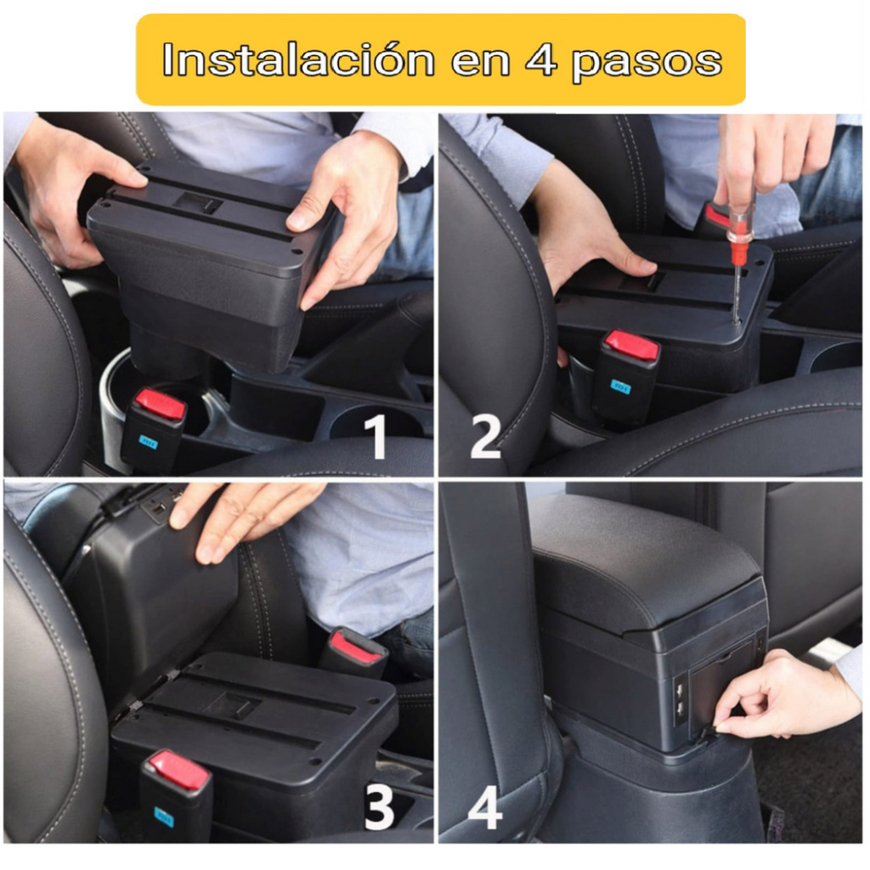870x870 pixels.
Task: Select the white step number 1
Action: point(375,438)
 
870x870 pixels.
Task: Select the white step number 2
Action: point(485,438)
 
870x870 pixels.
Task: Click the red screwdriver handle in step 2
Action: point(740,233)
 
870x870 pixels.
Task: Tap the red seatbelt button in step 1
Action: point(161,404)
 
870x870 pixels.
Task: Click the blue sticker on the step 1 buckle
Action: point(149,442)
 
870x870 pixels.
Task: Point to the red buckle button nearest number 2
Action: point(630,346)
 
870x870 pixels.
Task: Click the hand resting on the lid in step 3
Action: point(238,515)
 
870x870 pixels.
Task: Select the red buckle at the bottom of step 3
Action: point(178,771)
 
